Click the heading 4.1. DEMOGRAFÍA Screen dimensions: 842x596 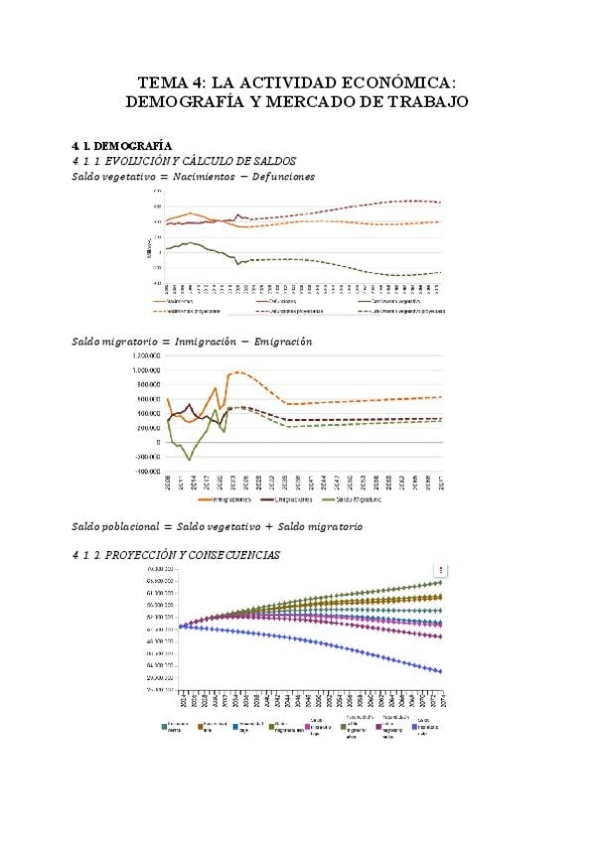click(115, 146)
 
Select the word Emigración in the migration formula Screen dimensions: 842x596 click(282, 342)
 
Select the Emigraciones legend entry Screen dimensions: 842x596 click(296, 500)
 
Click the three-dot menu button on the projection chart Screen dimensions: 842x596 click(443, 570)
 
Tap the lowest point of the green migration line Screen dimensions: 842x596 click(190, 459)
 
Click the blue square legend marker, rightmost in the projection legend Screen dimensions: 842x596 click(415, 728)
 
